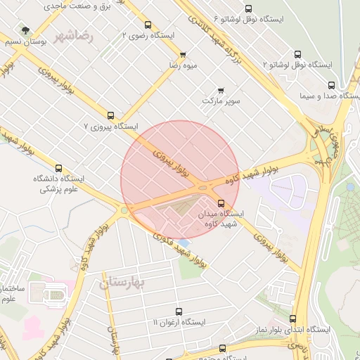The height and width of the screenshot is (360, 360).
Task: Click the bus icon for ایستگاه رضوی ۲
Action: [x=148, y=25]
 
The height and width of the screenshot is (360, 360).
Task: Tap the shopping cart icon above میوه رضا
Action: [x=183, y=55]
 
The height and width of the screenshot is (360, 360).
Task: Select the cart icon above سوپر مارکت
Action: [x=221, y=90]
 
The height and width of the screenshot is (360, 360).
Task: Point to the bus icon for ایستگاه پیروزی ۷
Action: [x=110, y=115]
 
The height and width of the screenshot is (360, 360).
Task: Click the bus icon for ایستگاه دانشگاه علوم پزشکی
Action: [x=58, y=169]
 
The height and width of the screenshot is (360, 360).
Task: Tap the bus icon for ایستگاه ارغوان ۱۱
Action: [x=178, y=311]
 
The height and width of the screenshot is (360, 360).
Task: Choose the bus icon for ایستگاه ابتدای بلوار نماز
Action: [x=293, y=319]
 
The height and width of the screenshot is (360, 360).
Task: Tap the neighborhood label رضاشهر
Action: [x=92, y=35]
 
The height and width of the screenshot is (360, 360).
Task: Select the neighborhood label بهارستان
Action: [x=121, y=283]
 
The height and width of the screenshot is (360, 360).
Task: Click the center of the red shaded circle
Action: [x=180, y=180]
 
